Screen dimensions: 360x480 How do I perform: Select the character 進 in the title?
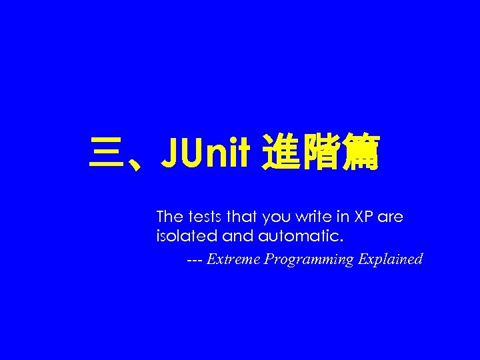(281, 154)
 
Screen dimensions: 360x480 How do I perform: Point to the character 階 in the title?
(322, 154)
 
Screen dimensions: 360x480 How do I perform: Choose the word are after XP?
(391, 218)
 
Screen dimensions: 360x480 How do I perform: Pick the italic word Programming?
(309, 260)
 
